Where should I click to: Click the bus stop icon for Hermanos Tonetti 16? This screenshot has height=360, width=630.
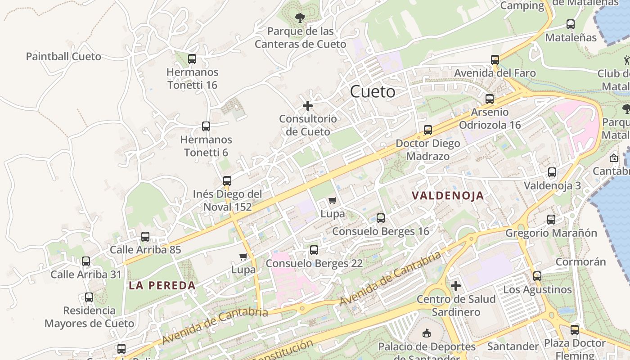pyautogui.click(x=192, y=58)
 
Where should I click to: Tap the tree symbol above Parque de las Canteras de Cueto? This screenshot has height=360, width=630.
pyautogui.click(x=300, y=18)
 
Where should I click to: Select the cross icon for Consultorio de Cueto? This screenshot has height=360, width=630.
pyautogui.click(x=308, y=106)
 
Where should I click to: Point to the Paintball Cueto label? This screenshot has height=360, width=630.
pyautogui.click(x=63, y=57)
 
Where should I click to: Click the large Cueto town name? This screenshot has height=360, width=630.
pyautogui.click(x=373, y=92)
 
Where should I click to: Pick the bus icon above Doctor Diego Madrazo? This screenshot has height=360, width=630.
pyautogui.click(x=428, y=130)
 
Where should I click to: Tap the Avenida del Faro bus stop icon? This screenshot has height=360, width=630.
pyautogui.click(x=495, y=59)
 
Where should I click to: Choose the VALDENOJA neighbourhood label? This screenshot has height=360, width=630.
pyautogui.click(x=448, y=196)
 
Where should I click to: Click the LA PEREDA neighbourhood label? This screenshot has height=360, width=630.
pyautogui.click(x=162, y=285)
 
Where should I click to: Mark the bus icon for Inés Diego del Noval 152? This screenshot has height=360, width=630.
pyautogui.click(x=227, y=181)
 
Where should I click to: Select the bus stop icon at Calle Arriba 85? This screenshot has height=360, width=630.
pyautogui.click(x=145, y=237)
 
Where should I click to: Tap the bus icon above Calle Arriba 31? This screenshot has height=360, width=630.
pyautogui.click(x=86, y=261)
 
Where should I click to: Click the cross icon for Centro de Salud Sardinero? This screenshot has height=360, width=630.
pyautogui.click(x=456, y=286)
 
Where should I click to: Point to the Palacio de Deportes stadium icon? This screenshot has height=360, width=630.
pyautogui.click(x=427, y=333)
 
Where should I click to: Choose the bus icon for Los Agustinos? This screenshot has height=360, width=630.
pyautogui.click(x=537, y=276)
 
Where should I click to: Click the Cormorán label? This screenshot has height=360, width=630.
pyautogui.click(x=580, y=262)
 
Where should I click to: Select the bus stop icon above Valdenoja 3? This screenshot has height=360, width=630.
pyautogui.click(x=552, y=172)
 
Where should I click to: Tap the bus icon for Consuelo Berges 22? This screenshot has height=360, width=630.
pyautogui.click(x=314, y=250)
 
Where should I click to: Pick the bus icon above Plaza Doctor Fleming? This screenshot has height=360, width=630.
pyautogui.click(x=575, y=330)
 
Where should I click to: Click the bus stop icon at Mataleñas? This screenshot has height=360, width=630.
pyautogui.click(x=571, y=24)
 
